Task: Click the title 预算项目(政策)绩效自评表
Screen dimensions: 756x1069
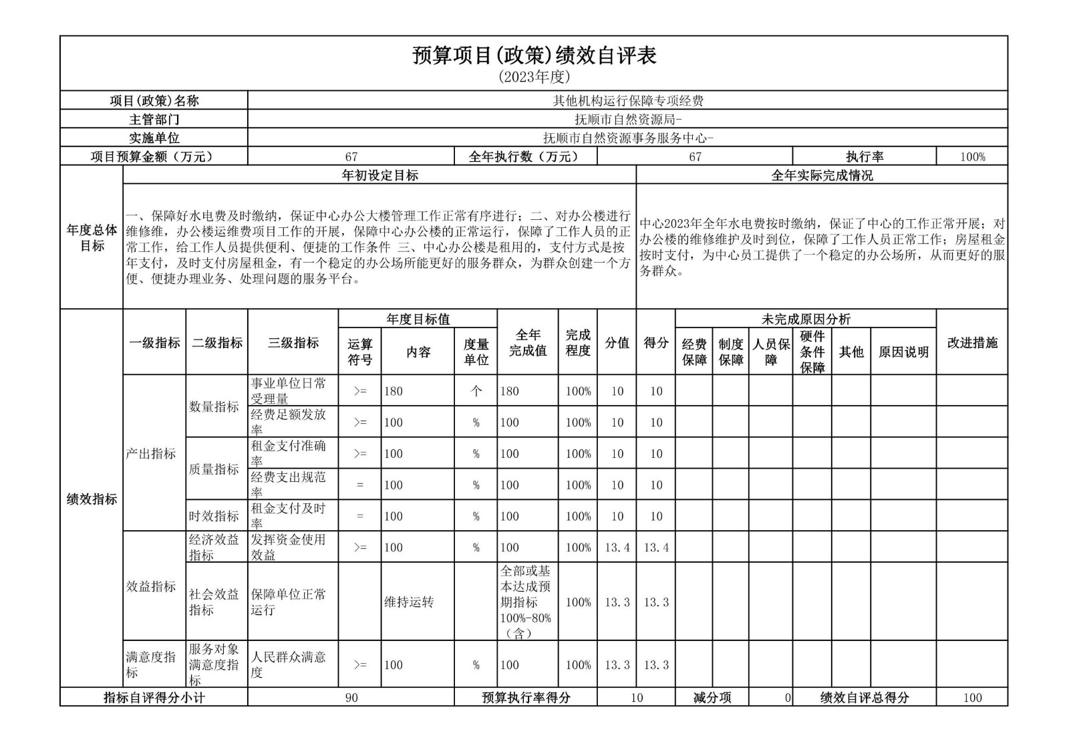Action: (x=534, y=55)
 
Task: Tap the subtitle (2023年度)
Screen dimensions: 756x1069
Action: (x=534, y=77)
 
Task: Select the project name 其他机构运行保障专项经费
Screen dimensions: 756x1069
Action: (x=627, y=101)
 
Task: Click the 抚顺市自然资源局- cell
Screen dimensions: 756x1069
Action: (x=627, y=120)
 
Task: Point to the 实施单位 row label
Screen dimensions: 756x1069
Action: (x=154, y=138)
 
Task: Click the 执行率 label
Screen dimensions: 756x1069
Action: (x=864, y=156)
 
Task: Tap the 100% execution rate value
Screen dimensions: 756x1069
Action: (x=972, y=157)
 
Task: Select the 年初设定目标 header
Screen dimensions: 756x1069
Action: (x=379, y=175)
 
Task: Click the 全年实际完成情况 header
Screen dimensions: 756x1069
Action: (x=822, y=175)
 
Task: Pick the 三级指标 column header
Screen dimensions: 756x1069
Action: (x=293, y=343)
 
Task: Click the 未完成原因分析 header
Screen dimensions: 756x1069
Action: (x=806, y=320)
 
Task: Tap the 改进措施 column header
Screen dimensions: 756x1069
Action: (x=972, y=343)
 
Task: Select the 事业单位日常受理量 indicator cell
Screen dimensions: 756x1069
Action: (x=293, y=390)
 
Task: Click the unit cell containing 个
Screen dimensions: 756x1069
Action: (x=476, y=391)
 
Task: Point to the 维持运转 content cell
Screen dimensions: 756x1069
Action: (x=418, y=602)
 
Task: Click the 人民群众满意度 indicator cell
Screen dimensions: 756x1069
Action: (x=293, y=664)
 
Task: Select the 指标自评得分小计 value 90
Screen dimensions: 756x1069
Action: (x=351, y=698)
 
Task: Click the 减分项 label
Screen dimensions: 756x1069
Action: (x=712, y=698)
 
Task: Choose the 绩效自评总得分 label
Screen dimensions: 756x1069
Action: (x=864, y=698)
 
